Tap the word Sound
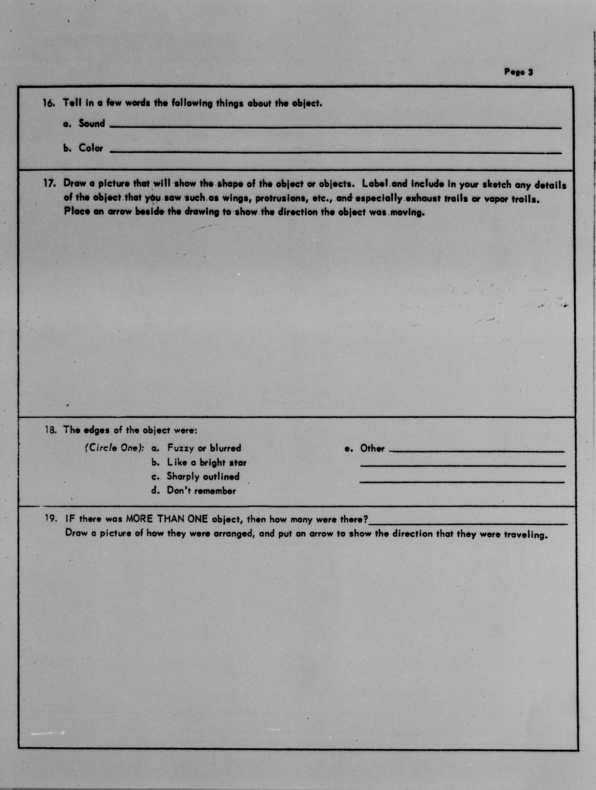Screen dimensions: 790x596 [92, 124]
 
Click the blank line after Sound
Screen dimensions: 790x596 [335, 127]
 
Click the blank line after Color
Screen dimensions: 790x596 [335, 152]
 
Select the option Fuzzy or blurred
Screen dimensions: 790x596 [204, 448]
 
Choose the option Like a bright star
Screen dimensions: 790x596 [207, 462]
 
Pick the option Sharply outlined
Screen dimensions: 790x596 [203, 476]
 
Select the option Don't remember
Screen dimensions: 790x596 [201, 491]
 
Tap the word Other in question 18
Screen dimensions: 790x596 [372, 449]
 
